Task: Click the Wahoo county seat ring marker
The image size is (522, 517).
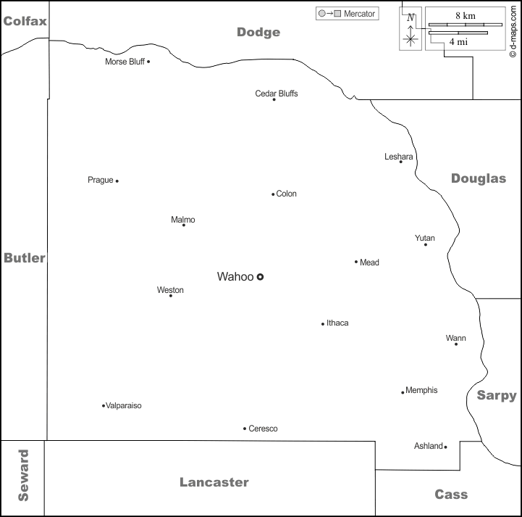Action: (x=261, y=276)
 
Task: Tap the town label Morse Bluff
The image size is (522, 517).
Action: (x=125, y=62)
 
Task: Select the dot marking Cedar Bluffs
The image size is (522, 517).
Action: (x=274, y=99)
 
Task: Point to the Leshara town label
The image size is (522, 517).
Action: (x=399, y=157)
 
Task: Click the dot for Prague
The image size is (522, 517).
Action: (x=117, y=181)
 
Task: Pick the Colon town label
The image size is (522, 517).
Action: (x=287, y=194)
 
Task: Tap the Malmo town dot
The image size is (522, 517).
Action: (x=183, y=225)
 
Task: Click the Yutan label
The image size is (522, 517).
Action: (x=425, y=238)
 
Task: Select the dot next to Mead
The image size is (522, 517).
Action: (x=356, y=262)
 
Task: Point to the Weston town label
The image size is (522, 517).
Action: (x=170, y=290)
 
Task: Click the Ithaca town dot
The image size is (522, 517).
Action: (x=323, y=323)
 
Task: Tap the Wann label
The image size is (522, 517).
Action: (x=456, y=338)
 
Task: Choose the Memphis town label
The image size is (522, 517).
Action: (x=421, y=390)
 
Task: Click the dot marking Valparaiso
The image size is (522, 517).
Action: (x=104, y=405)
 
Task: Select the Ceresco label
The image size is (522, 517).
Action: (x=263, y=429)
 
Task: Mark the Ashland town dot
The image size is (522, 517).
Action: (x=445, y=447)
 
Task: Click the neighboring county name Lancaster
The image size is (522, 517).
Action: (x=214, y=482)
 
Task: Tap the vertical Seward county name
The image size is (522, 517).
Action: (x=23, y=476)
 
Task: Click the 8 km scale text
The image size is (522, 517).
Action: (x=465, y=15)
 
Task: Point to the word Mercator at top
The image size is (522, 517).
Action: (x=359, y=14)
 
